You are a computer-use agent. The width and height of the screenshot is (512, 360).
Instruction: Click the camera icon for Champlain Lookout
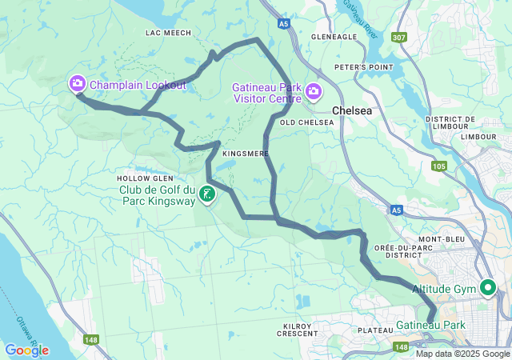(78, 83)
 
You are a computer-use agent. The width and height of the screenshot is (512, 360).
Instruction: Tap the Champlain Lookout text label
(138, 85)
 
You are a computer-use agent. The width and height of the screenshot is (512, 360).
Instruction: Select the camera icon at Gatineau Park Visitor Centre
(314, 92)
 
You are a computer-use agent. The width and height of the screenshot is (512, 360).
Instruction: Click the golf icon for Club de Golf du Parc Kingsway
(207, 193)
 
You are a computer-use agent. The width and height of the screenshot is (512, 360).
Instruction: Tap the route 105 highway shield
(438, 166)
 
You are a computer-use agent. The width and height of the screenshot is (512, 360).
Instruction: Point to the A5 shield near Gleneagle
(285, 25)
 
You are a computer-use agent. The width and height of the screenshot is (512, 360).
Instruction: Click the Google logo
(26, 350)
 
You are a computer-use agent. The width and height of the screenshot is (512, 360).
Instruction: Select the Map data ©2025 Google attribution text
(462, 354)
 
